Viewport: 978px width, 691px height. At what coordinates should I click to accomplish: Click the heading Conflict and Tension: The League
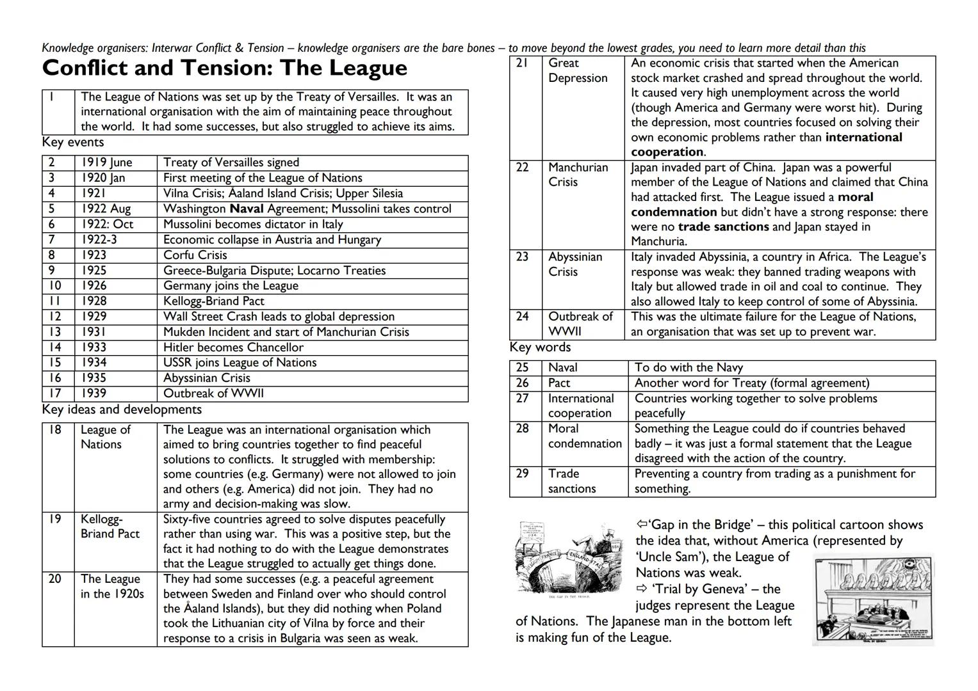(224, 68)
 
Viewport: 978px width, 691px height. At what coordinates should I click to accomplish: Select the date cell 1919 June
(106, 163)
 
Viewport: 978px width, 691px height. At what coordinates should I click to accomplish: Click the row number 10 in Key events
(56, 285)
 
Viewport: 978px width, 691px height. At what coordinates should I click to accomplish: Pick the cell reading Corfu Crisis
(195, 255)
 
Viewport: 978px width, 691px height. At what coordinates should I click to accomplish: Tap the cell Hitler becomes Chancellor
(233, 347)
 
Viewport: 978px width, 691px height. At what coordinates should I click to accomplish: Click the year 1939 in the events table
(94, 393)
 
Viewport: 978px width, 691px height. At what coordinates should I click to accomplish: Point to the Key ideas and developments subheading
(122, 409)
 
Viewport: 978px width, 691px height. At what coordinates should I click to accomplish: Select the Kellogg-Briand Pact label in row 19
(110, 527)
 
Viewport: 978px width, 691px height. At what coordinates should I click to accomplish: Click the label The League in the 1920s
(112, 586)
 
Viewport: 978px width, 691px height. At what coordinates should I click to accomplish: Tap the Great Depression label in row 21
(577, 70)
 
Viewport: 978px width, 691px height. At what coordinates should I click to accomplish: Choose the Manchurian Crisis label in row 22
(578, 175)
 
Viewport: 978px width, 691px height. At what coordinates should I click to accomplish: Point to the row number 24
(523, 316)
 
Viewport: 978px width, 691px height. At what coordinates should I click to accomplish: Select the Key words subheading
(540, 347)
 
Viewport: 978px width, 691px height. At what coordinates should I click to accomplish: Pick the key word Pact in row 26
(559, 383)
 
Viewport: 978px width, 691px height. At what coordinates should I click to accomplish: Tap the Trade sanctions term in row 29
(571, 481)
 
